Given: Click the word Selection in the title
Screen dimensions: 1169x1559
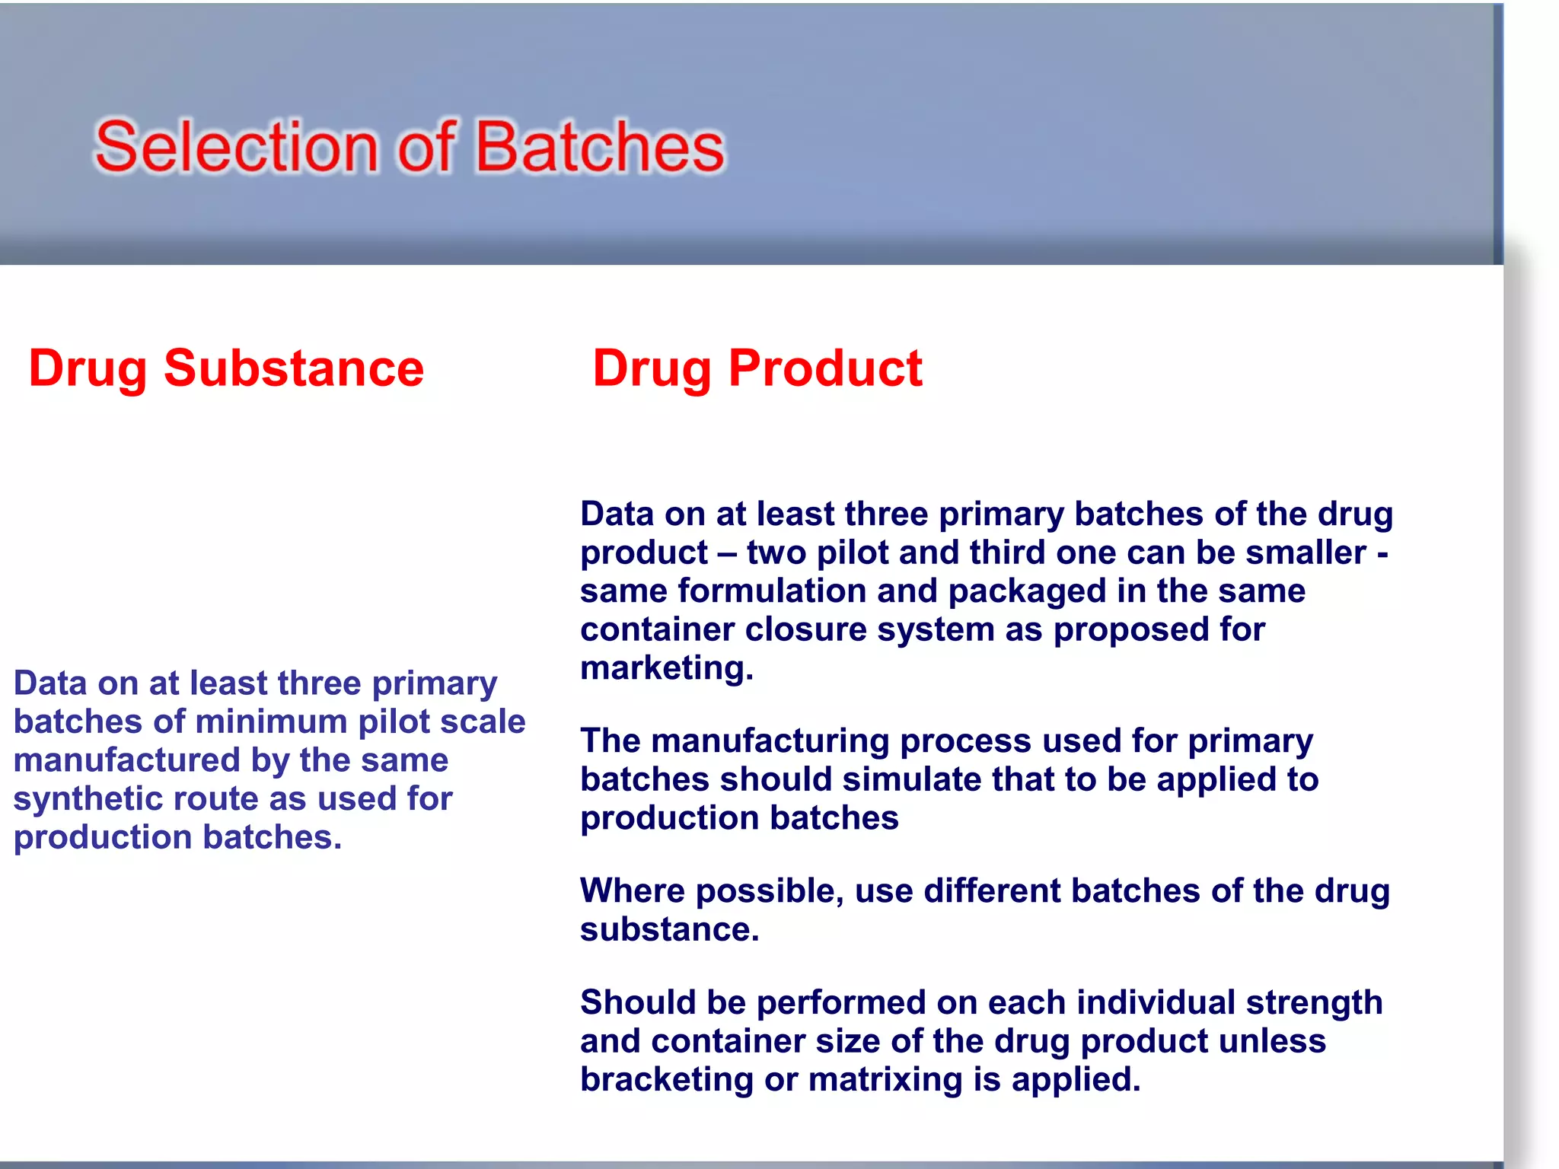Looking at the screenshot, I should [x=236, y=147].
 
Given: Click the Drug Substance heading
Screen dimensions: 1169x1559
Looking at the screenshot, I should [x=226, y=368].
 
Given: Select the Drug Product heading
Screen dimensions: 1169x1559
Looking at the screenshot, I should [x=757, y=368].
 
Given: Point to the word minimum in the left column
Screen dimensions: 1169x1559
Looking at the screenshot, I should [x=272, y=721].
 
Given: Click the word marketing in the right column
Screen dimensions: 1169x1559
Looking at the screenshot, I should [x=665, y=668].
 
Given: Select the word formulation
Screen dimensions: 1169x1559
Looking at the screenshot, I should [x=771, y=591].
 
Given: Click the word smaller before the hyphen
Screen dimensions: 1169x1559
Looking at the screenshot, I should [x=1306, y=553].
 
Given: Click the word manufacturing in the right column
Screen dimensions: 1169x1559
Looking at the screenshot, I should [x=770, y=741].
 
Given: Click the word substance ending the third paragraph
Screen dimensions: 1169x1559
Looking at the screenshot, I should [x=668, y=930].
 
